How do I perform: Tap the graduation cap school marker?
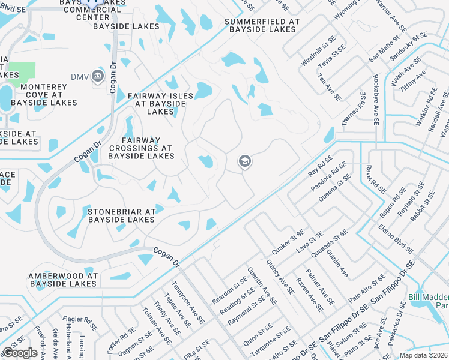click(x=244, y=161)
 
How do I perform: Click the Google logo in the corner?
click(x=20, y=353)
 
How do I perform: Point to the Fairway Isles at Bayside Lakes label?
click(x=160, y=103)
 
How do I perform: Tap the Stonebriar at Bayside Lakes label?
click(x=122, y=215)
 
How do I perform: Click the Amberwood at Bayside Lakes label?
click(x=62, y=279)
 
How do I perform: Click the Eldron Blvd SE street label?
click(x=396, y=238)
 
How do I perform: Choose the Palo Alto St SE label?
click(x=367, y=287)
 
